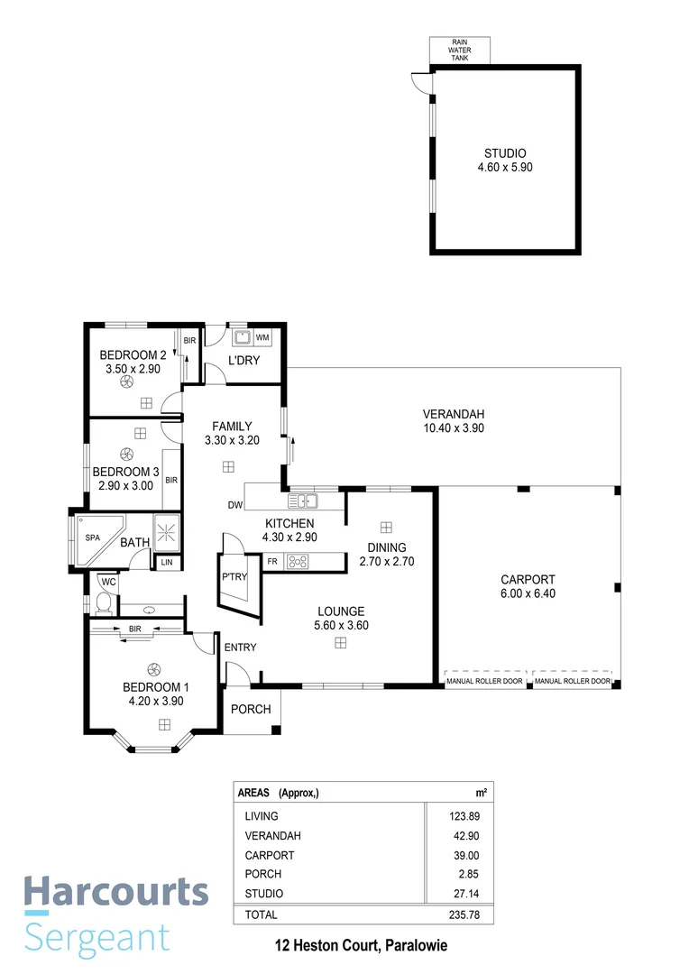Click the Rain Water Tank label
(x=460, y=50)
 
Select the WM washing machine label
(x=262, y=337)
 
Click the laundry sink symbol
(x=242, y=338)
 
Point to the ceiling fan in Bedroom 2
(x=125, y=381)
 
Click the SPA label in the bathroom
(x=92, y=538)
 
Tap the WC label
(x=108, y=582)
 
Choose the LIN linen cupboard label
(x=166, y=563)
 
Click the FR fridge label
(x=271, y=561)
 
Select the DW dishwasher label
(x=234, y=505)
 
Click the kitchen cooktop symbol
(x=298, y=561)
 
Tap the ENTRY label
(x=241, y=648)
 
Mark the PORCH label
(x=251, y=709)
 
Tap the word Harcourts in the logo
(x=115, y=891)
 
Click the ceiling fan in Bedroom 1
(x=154, y=668)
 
